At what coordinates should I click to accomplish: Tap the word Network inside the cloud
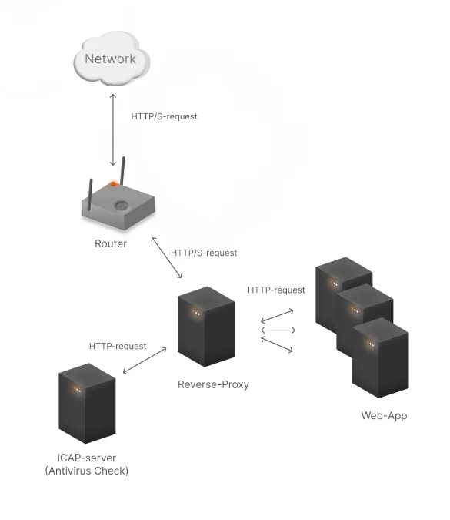[x=111, y=59]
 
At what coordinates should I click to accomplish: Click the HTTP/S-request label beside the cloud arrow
[x=164, y=116]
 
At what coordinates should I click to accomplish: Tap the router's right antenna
[x=122, y=173]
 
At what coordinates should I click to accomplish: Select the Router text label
[x=111, y=243]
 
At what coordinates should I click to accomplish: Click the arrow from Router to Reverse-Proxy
[x=167, y=258]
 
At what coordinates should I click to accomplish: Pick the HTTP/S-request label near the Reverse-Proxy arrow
[x=204, y=253]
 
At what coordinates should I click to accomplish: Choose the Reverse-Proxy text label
[x=213, y=384]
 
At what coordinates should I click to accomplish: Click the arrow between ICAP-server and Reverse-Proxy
[x=145, y=361]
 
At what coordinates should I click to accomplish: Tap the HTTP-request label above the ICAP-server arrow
[x=118, y=346]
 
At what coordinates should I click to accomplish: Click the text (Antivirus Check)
[x=87, y=471]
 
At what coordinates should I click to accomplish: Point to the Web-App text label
[x=384, y=416]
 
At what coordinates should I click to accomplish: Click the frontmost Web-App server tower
[x=379, y=358]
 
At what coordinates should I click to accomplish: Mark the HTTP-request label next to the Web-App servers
[x=276, y=290]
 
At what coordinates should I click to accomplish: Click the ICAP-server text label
[x=87, y=458]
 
